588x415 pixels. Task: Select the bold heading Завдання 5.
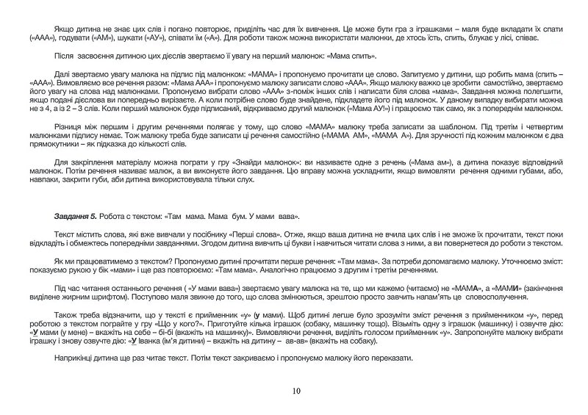click(x=75, y=217)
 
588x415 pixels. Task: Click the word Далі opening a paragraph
click(x=62, y=75)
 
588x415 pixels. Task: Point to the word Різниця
click(x=69, y=127)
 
